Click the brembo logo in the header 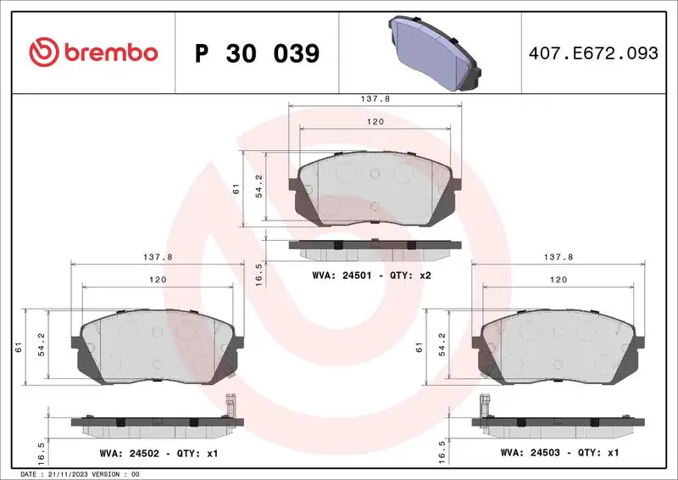93,53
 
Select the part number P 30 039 257,53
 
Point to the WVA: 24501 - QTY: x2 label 372,276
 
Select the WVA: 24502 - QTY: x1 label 158,454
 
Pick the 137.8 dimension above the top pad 375,98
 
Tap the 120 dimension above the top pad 375,122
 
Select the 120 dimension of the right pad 559,279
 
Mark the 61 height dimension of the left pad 18,345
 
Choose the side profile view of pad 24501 375,247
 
